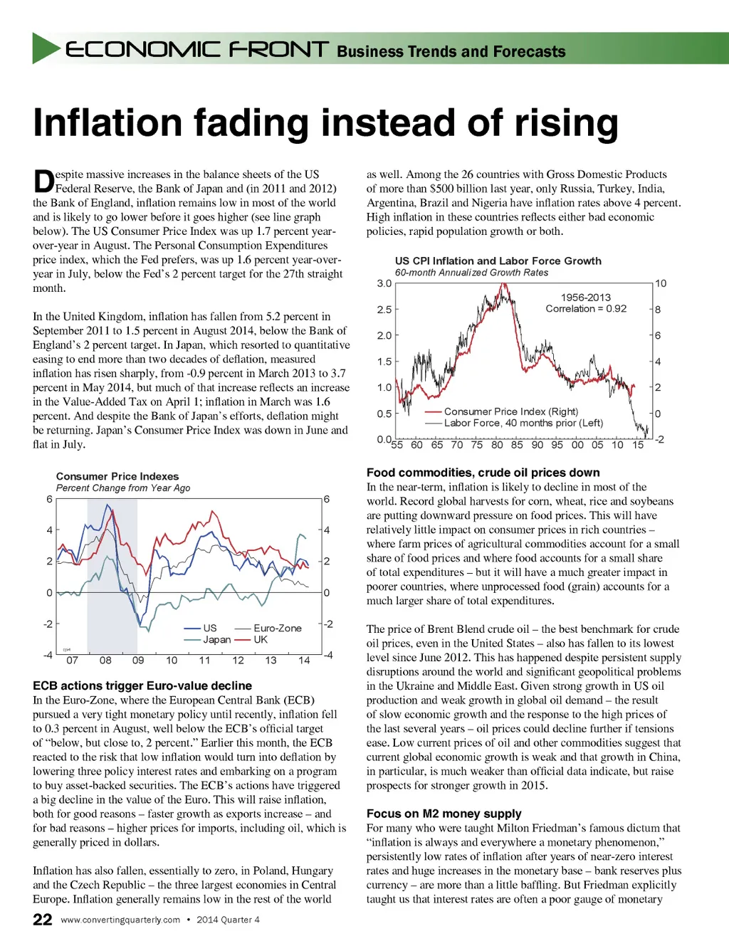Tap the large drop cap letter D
(x=44, y=182)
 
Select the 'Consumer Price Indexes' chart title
(x=117, y=476)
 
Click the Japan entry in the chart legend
(x=216, y=639)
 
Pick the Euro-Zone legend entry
(x=277, y=628)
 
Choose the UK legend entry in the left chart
(x=261, y=639)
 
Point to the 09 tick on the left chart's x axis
(x=138, y=660)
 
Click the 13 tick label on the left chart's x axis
(x=271, y=660)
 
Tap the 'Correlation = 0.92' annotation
(x=586, y=308)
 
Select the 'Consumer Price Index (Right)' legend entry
(x=510, y=411)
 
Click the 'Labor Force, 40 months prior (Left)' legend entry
(x=523, y=423)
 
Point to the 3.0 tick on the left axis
(x=384, y=283)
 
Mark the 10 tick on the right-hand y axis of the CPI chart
(x=661, y=283)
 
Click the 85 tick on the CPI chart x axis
(x=517, y=444)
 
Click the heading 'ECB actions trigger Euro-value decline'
(x=142, y=685)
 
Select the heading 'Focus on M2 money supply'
(x=444, y=814)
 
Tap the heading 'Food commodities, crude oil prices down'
(x=483, y=473)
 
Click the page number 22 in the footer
(x=43, y=920)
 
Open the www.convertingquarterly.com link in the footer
(x=120, y=920)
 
